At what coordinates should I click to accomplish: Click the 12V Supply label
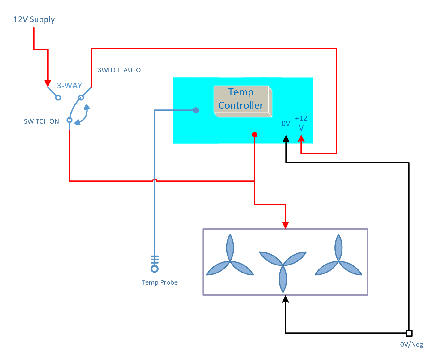34,19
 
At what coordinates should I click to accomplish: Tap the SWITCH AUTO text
119,70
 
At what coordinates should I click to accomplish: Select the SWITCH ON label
41,121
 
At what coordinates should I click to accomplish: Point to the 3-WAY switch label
69,86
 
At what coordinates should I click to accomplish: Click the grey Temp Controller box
243,102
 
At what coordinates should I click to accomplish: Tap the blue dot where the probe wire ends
196,110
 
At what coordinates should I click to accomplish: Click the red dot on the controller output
254,135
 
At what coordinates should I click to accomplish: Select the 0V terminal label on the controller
286,124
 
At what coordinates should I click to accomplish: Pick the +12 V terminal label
301,123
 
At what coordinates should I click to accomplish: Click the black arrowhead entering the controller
286,138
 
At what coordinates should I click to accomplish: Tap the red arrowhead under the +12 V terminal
301,138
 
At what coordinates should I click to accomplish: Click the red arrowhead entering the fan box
285,225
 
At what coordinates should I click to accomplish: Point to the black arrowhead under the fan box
285,299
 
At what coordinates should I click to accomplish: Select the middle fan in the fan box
283,270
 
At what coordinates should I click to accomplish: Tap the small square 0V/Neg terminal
409,333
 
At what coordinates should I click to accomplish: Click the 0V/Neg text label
411,345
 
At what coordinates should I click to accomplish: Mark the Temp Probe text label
159,282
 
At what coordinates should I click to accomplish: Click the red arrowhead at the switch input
48,83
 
